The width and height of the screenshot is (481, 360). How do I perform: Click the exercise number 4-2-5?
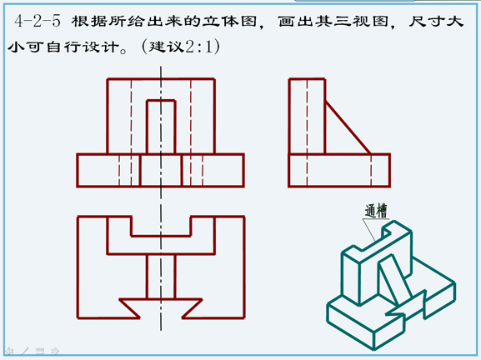[38, 22]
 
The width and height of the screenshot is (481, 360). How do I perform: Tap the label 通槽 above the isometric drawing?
[376, 211]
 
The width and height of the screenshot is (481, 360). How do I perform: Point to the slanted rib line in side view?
[348, 127]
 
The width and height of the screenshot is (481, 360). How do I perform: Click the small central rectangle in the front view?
[161, 127]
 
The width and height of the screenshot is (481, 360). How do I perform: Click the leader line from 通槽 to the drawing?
[369, 230]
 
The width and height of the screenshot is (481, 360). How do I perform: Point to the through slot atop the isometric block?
[387, 232]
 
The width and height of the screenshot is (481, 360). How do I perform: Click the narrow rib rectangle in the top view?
[161, 277]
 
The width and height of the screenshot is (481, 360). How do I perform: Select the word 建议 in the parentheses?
[166, 47]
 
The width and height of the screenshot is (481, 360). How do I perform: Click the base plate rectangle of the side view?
[339, 170]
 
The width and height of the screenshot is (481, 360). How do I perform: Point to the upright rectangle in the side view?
[307, 116]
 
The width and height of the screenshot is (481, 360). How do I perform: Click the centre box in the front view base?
[161, 170]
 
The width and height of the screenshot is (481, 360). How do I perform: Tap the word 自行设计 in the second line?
[83, 47]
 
